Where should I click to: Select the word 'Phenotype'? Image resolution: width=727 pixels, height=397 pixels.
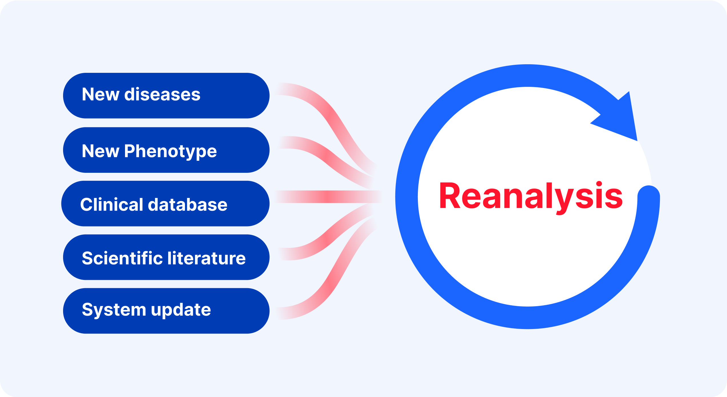(x=170, y=151)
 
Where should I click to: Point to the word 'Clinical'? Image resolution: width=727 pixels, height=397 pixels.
(x=112, y=204)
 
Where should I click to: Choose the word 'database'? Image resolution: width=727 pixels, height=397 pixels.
(x=188, y=204)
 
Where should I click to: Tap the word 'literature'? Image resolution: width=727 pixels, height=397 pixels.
(x=206, y=258)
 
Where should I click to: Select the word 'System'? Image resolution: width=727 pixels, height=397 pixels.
(x=114, y=310)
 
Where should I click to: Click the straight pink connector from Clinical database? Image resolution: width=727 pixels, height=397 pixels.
(x=328, y=197)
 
